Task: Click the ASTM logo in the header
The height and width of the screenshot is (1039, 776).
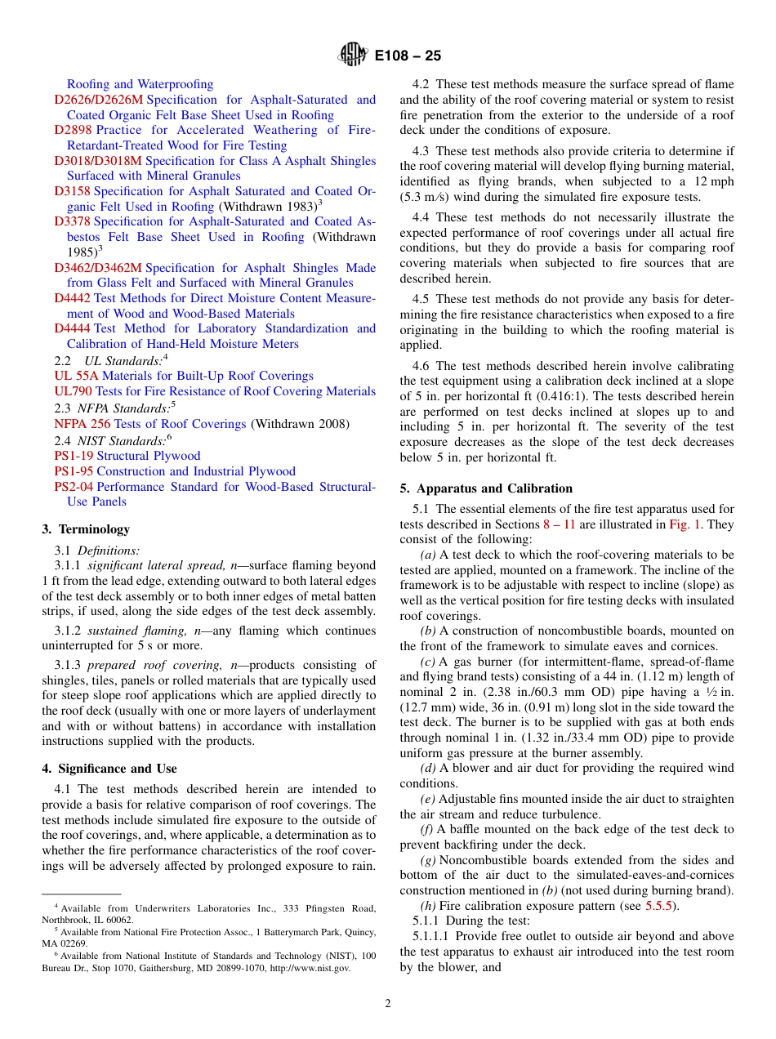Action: pyautogui.click(x=353, y=55)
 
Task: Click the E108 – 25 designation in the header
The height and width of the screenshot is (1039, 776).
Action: pyautogui.click(x=408, y=56)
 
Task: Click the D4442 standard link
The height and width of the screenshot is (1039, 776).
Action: pyautogui.click(x=72, y=298)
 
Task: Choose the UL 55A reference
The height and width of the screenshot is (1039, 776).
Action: pyautogui.click(x=76, y=376)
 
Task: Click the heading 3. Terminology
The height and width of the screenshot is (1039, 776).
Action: pyautogui.click(x=86, y=529)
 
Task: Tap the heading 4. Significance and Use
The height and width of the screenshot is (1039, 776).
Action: pyautogui.click(x=109, y=769)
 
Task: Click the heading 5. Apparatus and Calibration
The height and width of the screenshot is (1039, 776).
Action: pyautogui.click(x=486, y=488)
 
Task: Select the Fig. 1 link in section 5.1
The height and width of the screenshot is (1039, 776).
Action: pyautogui.click(x=685, y=524)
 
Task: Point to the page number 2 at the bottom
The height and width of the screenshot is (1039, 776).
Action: pyautogui.click(x=388, y=1004)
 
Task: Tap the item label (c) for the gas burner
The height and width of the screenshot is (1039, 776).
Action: pyautogui.click(x=427, y=662)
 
